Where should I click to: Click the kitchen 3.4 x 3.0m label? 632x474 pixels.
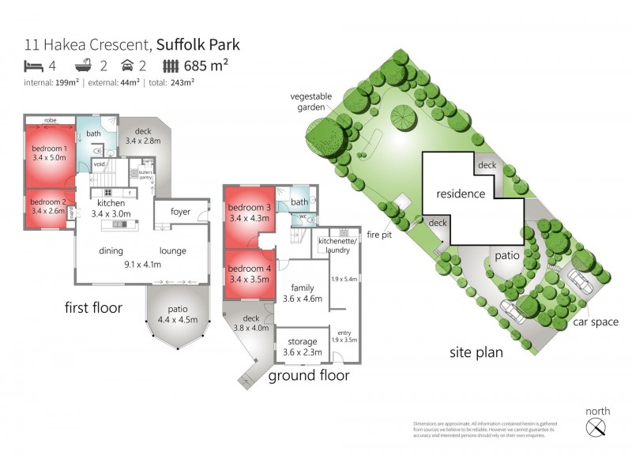(x=111, y=208)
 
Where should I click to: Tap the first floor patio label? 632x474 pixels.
(x=178, y=314)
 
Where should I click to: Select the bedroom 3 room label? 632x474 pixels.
(x=250, y=212)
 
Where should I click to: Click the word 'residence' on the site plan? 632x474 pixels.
(x=461, y=194)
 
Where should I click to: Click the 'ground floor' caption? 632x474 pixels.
(x=309, y=375)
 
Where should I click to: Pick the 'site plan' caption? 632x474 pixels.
(x=476, y=352)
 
